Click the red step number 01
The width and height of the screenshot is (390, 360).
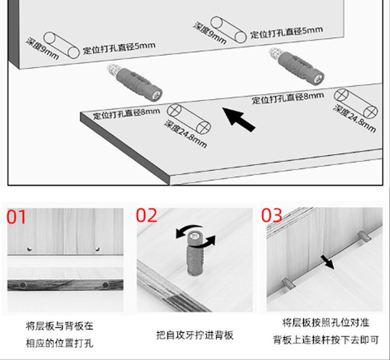(x=16, y=217)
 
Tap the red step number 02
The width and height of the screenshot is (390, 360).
(x=147, y=216)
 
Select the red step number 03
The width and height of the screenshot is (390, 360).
(x=272, y=215)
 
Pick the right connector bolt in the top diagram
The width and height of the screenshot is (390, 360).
(x=297, y=65)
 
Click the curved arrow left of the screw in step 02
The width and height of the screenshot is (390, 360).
(x=185, y=232)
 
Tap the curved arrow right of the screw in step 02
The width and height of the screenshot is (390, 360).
(x=210, y=241)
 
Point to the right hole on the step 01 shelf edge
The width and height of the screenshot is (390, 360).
(x=105, y=285)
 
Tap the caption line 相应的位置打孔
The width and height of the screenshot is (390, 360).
(x=60, y=343)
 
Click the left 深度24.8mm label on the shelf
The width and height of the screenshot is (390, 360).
(x=185, y=134)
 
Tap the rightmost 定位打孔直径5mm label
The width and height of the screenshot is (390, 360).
(x=286, y=32)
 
